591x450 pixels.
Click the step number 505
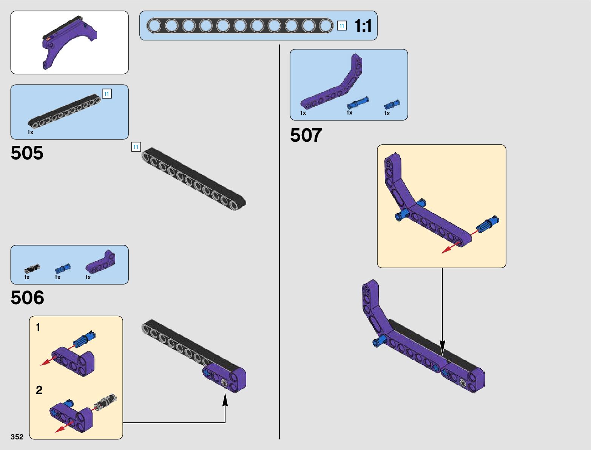[27, 153]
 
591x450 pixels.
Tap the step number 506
[27, 297]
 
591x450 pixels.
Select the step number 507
[306, 135]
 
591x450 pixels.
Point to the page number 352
[17, 436]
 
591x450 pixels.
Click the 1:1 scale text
[363, 26]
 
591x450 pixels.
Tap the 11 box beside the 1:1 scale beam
[342, 26]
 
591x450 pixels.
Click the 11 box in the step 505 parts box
[106, 94]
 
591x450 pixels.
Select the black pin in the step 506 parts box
[32, 269]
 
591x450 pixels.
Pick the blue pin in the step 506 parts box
[63, 268]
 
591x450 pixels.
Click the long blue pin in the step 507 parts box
[358, 103]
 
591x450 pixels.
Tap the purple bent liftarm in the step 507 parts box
[331, 81]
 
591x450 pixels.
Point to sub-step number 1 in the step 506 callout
[38, 328]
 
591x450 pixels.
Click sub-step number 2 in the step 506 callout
[39, 390]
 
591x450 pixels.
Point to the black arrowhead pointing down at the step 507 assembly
[442, 347]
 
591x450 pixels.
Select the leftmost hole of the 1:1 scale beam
[154, 26]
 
